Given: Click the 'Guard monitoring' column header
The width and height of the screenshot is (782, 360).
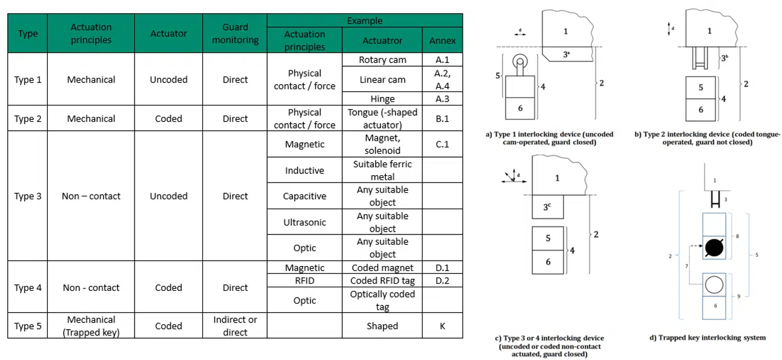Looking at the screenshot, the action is (x=235, y=33).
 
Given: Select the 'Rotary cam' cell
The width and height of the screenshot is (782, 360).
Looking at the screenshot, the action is (x=382, y=60).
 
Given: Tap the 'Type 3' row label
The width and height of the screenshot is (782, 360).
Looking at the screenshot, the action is (x=28, y=196).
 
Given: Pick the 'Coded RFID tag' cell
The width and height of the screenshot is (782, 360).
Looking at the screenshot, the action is (x=382, y=281).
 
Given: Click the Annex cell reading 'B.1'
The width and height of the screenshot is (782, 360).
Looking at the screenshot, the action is (x=442, y=118).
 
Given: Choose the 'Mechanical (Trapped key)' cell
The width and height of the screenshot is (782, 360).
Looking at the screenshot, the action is (x=91, y=325).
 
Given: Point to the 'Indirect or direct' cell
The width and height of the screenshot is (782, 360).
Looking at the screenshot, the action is (x=235, y=325).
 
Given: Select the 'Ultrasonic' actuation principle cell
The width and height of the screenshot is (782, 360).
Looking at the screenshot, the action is (x=305, y=222).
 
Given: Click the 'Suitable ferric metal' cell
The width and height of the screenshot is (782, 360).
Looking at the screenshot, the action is (x=382, y=170).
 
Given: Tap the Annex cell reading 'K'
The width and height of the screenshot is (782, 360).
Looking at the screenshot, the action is (x=442, y=325).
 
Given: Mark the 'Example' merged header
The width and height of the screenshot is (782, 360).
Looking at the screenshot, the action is (x=365, y=21).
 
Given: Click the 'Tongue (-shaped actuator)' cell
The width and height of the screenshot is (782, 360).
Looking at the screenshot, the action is (x=382, y=118).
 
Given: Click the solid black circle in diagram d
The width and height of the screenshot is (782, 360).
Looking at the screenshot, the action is (x=714, y=247).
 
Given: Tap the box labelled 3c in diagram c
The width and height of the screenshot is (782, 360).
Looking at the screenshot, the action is (x=548, y=207).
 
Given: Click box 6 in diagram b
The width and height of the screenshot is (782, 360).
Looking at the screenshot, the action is (x=700, y=110).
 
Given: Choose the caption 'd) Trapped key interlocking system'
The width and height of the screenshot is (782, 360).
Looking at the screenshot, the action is (x=707, y=338).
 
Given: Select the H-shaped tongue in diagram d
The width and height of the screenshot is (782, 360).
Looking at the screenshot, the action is (x=715, y=199).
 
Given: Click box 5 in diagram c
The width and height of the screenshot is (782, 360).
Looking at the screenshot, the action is (x=548, y=238).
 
